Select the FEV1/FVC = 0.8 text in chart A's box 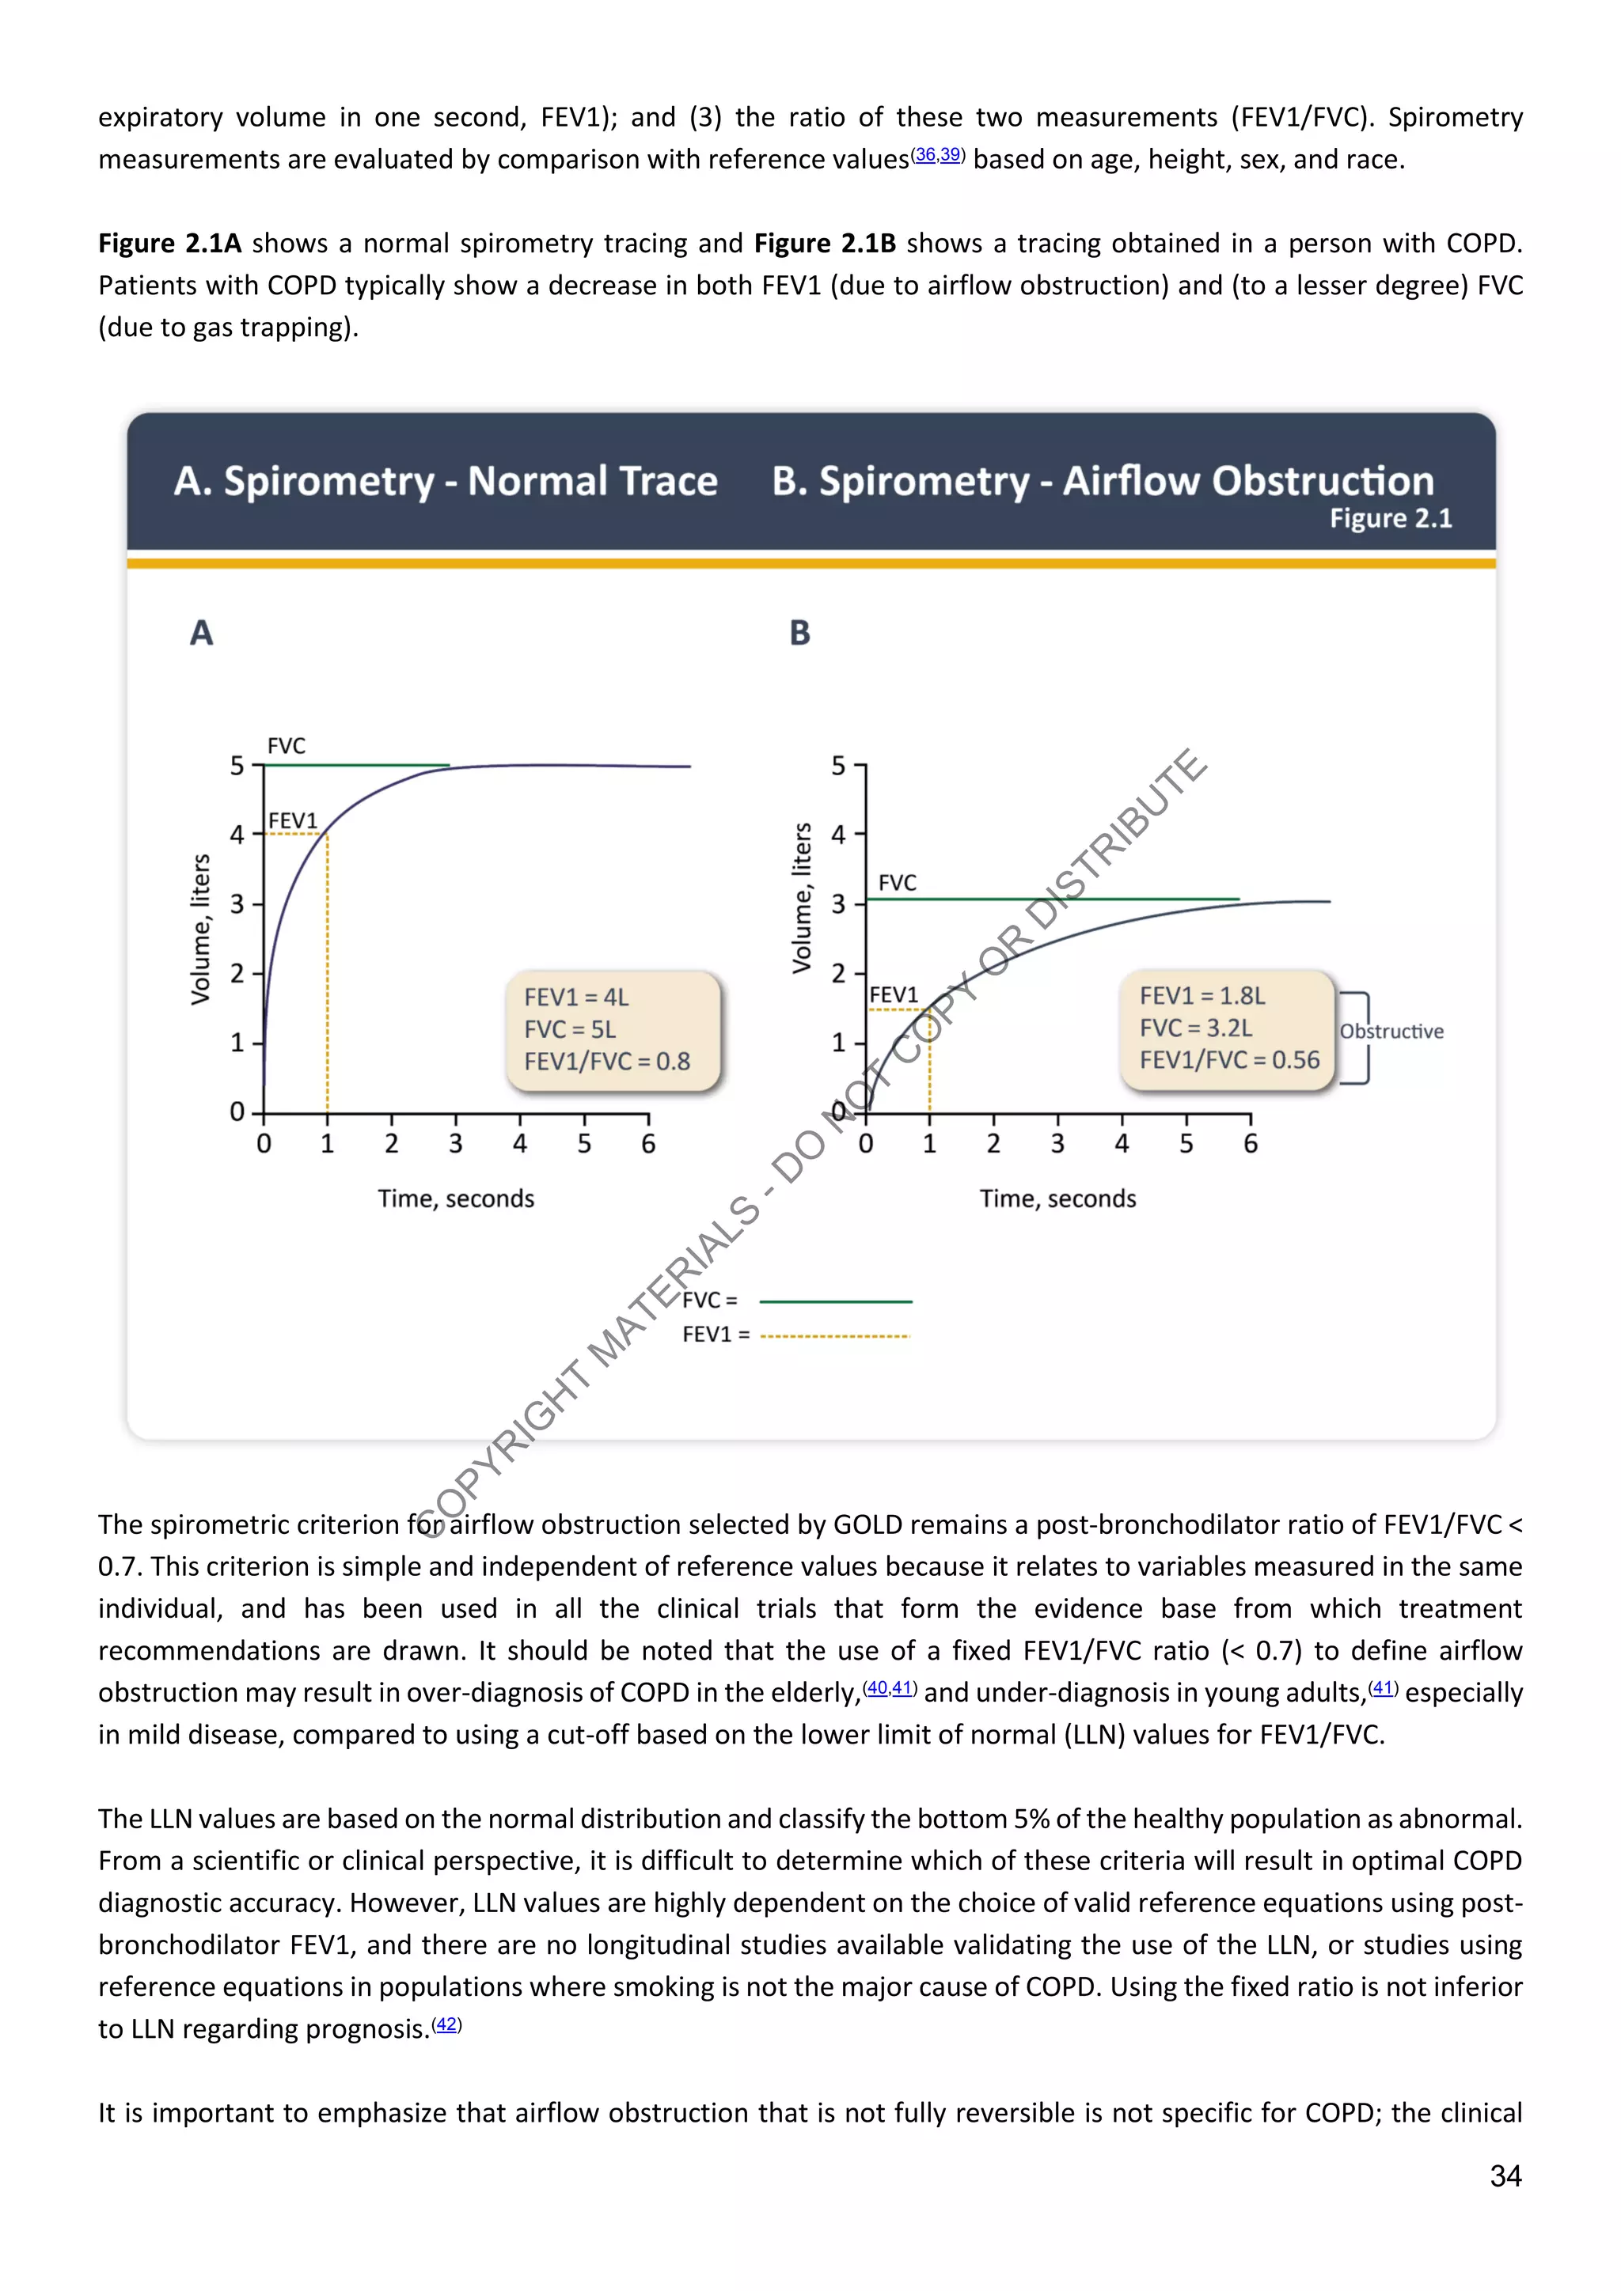point(607,1061)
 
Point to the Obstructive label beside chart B point(1391,1031)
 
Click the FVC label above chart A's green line point(287,745)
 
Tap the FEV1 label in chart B point(894,995)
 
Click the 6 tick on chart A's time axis point(647,1143)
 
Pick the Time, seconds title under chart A point(455,1199)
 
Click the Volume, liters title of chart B point(802,898)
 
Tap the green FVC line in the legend point(836,1301)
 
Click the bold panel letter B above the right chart point(799,633)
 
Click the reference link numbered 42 point(446,2024)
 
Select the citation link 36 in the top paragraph point(925,155)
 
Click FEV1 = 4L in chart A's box point(576,997)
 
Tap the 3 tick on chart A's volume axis point(237,904)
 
